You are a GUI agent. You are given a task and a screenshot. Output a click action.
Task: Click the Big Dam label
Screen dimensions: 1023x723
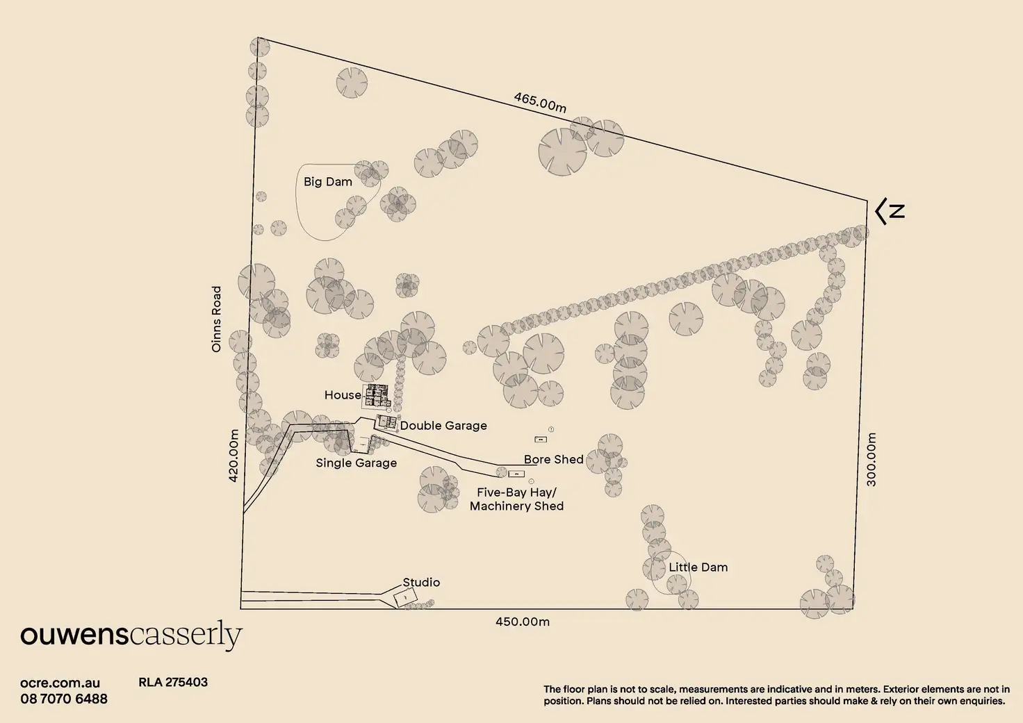pyautogui.click(x=328, y=182)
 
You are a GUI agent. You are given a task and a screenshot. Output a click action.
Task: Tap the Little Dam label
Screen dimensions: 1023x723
pyautogui.click(x=698, y=567)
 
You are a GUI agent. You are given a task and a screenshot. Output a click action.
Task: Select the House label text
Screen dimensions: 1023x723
pyautogui.click(x=343, y=395)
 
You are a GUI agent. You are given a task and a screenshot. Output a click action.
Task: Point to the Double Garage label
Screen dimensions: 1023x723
pyautogui.click(x=443, y=426)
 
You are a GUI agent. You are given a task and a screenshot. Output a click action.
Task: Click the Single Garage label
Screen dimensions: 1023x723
pyautogui.click(x=356, y=463)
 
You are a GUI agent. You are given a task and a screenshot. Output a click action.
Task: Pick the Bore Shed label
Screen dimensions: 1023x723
pyautogui.click(x=553, y=460)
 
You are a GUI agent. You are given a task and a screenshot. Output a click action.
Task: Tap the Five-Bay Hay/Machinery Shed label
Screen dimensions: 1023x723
pyautogui.click(x=516, y=499)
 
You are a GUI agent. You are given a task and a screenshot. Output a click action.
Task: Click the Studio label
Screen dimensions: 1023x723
pyautogui.click(x=421, y=583)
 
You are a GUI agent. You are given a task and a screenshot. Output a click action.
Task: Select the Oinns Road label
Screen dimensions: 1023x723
pyautogui.click(x=217, y=319)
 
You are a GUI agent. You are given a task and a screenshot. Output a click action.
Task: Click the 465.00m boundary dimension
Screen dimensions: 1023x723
pyautogui.click(x=540, y=102)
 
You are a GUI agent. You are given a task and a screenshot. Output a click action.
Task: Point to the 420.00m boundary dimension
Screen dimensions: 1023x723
pyautogui.click(x=234, y=455)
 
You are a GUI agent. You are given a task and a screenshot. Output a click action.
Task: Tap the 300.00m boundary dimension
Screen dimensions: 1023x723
pyautogui.click(x=871, y=459)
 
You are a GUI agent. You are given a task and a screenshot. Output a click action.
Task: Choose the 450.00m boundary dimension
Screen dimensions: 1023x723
pyautogui.click(x=522, y=622)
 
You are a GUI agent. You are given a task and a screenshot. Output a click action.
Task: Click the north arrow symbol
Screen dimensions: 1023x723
pyautogui.click(x=890, y=211)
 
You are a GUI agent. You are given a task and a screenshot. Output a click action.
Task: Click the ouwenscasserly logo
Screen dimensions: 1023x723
pyautogui.click(x=131, y=635)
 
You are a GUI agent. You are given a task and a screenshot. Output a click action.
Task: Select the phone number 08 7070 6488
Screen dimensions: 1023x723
pyautogui.click(x=64, y=699)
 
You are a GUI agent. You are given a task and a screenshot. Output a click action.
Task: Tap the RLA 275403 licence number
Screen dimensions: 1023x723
pyautogui.click(x=173, y=682)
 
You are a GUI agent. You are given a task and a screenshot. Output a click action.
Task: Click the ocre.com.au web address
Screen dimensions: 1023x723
pyautogui.click(x=60, y=683)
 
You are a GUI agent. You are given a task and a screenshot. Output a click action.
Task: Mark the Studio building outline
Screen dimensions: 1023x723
pyautogui.click(x=405, y=597)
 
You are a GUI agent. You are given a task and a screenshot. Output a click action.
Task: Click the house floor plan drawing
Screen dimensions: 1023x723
pyautogui.click(x=377, y=396)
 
